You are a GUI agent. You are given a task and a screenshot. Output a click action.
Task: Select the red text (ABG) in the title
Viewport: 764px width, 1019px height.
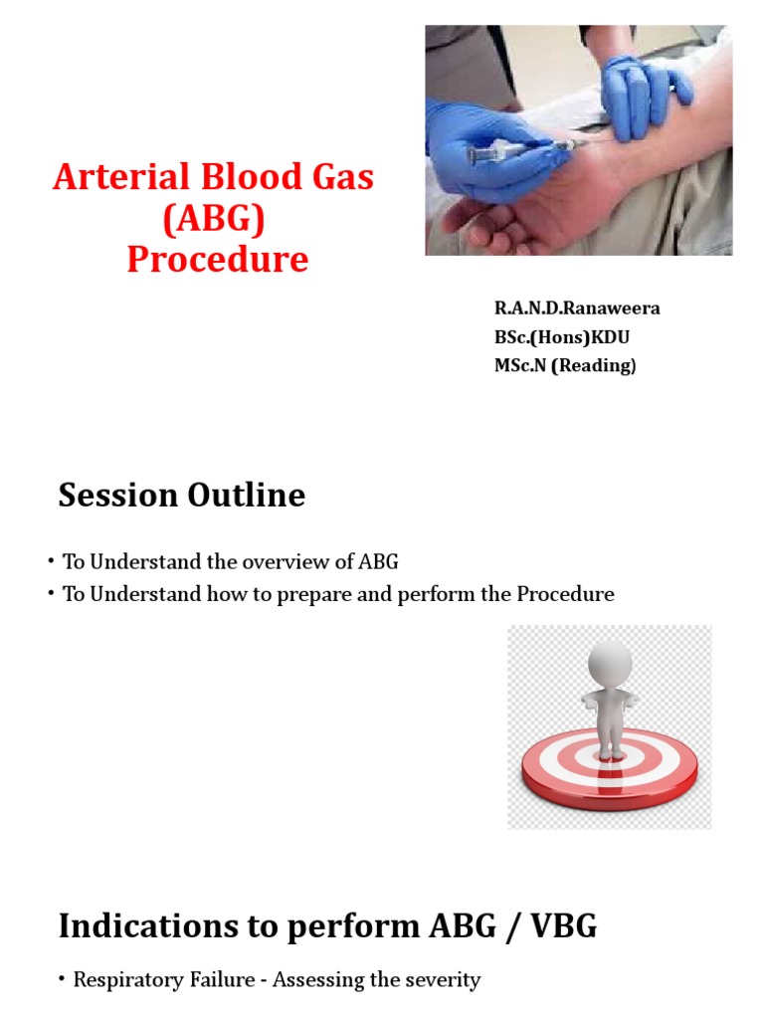(218, 218)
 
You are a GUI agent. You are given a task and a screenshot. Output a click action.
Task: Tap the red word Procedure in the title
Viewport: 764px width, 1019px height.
(218, 259)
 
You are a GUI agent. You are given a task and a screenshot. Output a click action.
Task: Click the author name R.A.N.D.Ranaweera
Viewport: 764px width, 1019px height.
(577, 307)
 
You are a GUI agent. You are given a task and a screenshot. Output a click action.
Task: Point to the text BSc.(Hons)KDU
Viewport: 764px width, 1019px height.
(562, 336)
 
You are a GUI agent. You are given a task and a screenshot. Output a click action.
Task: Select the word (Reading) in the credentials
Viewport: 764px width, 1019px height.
(594, 365)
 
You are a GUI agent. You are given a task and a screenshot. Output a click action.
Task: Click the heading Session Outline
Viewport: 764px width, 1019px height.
(181, 495)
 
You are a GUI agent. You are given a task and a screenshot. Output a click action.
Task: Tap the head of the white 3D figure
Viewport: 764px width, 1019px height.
(610, 661)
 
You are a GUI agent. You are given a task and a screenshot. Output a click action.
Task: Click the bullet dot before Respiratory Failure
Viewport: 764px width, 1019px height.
(63, 980)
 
